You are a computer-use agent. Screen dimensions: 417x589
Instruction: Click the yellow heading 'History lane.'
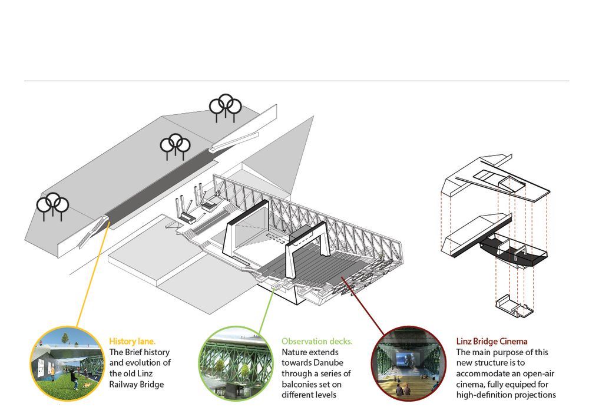tap(131, 341)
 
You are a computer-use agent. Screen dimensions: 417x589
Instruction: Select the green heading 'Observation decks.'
tap(317, 342)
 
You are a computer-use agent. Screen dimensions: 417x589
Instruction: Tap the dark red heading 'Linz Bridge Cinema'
tap(492, 341)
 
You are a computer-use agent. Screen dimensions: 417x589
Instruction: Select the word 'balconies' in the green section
tap(299, 384)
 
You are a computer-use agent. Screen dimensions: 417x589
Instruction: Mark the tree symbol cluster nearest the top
tap(226, 106)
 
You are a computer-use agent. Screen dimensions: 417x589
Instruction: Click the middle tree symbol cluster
tap(175, 144)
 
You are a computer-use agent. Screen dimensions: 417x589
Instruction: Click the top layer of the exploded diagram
tap(495, 177)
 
